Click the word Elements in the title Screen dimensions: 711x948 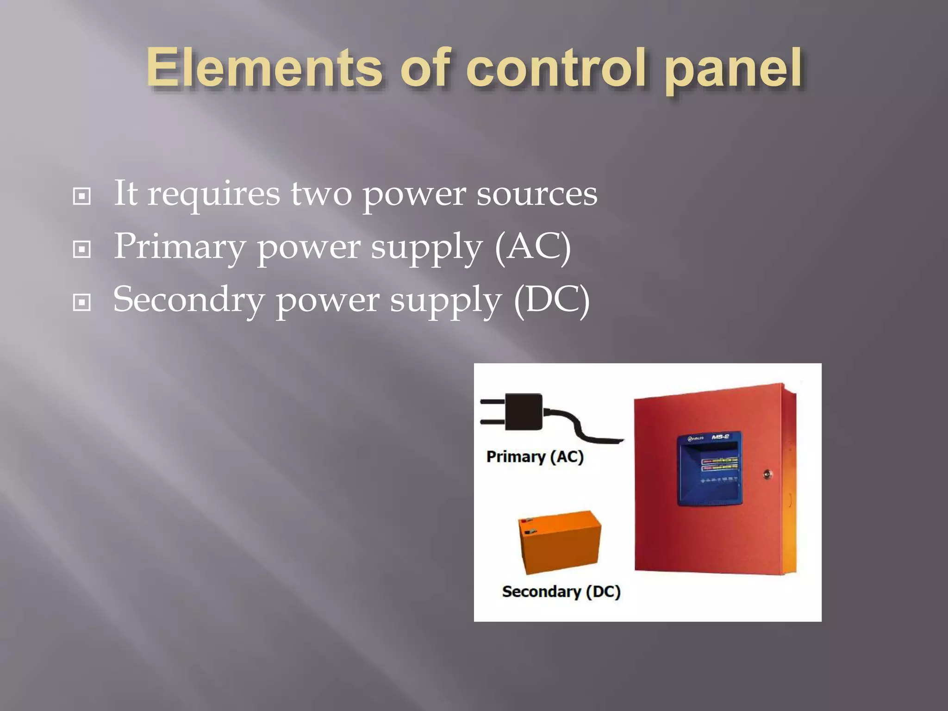pyautogui.click(x=264, y=69)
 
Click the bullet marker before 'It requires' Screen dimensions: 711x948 pyautogui.click(x=82, y=196)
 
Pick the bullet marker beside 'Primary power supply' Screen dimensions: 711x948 pyautogui.click(x=82, y=249)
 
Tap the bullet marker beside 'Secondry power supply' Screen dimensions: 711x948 pyautogui.click(x=82, y=303)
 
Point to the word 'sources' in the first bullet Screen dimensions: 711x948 pyautogui.click(x=537, y=194)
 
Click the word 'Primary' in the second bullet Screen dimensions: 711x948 pyautogui.click(x=180, y=248)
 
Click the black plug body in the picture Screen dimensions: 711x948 pyautogui.click(x=524, y=412)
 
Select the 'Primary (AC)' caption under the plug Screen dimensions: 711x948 pyautogui.click(x=535, y=457)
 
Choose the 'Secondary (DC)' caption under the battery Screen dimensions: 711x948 pyautogui.click(x=561, y=592)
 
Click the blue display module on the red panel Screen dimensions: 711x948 pyautogui.click(x=709, y=468)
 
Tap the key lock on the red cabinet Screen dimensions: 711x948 pyautogui.click(x=767, y=474)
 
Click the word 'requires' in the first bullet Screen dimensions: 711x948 pyautogui.click(x=213, y=195)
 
